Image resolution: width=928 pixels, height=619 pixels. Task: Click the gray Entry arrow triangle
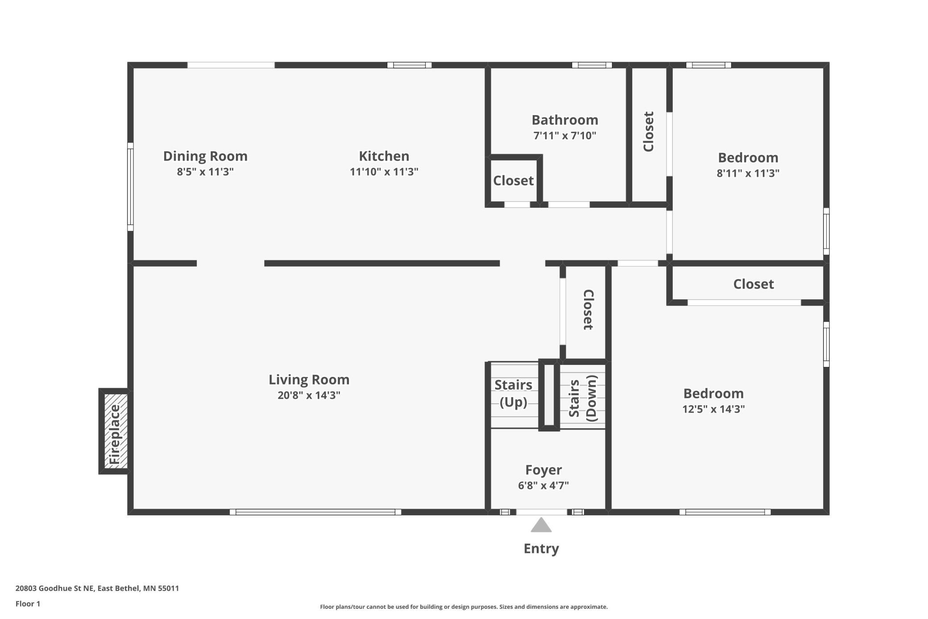[x=541, y=525]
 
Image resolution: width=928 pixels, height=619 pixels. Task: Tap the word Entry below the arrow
[x=541, y=548]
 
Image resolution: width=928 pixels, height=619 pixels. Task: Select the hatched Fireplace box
[x=116, y=431]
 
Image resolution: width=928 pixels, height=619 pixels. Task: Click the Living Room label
[x=309, y=380]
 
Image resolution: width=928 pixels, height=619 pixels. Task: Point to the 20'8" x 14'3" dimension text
[x=309, y=395]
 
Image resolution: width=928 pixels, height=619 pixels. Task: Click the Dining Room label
[x=205, y=156]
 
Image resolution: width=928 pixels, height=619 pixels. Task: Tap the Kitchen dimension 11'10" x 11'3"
[x=384, y=171]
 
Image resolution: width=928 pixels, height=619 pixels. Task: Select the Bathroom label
[x=565, y=120]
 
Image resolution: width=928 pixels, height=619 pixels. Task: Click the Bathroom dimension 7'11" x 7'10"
[x=565, y=135]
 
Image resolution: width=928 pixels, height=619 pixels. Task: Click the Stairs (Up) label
[x=513, y=393]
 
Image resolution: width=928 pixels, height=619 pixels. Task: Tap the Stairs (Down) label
[x=583, y=398]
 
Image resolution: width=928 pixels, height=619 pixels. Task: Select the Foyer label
[x=543, y=470]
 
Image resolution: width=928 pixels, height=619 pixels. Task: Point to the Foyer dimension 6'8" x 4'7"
[x=543, y=485]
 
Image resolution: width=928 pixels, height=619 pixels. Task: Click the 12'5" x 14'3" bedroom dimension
[x=713, y=409]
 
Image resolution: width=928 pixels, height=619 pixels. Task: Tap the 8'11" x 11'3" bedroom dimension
[x=748, y=173]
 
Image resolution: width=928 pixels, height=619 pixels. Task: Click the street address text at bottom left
[x=97, y=588]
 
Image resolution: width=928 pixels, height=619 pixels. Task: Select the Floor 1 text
[x=28, y=604]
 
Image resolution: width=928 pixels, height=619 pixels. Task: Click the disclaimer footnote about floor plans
[x=464, y=606]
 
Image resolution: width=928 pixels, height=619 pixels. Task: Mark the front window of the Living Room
[x=315, y=512]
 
